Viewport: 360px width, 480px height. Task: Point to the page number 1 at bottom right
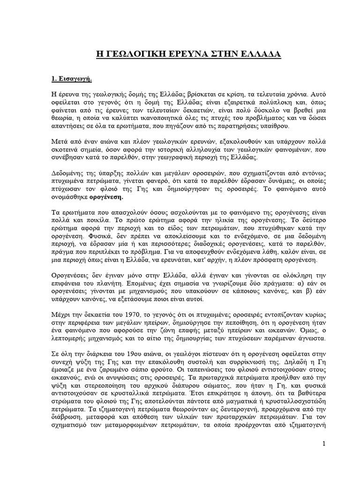click(323, 443)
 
